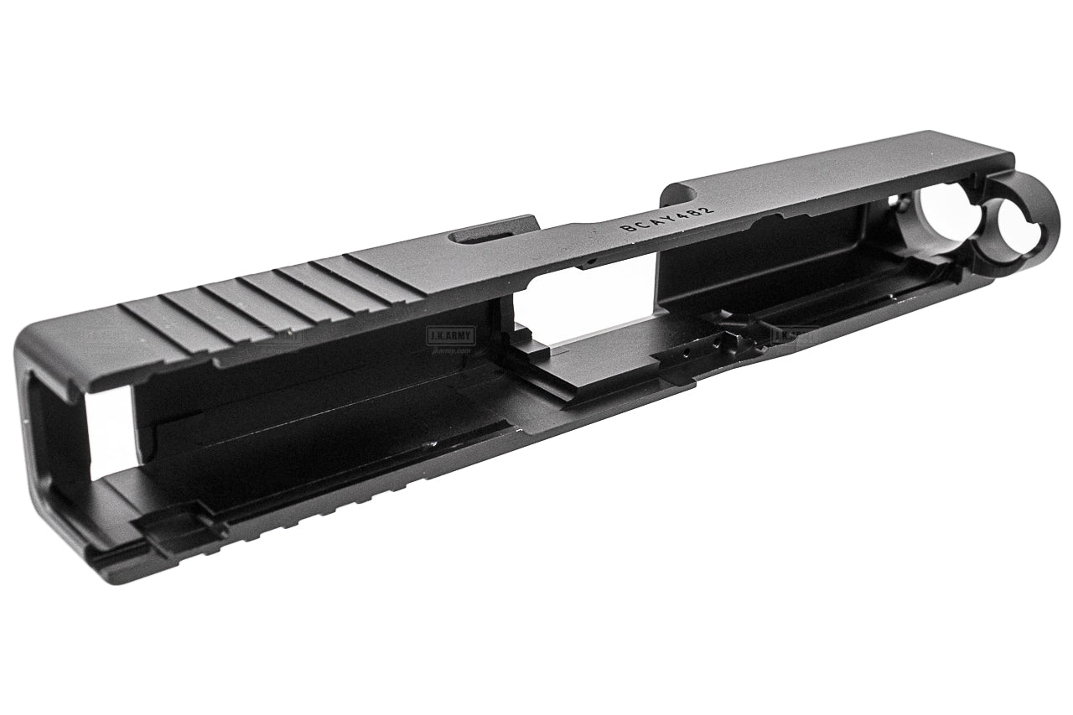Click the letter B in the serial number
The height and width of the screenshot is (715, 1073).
(x=625, y=226)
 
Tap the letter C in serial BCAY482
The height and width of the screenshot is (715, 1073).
(x=635, y=223)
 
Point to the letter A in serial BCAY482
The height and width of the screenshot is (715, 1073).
(x=646, y=220)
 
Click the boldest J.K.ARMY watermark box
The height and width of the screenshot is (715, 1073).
(x=450, y=334)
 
